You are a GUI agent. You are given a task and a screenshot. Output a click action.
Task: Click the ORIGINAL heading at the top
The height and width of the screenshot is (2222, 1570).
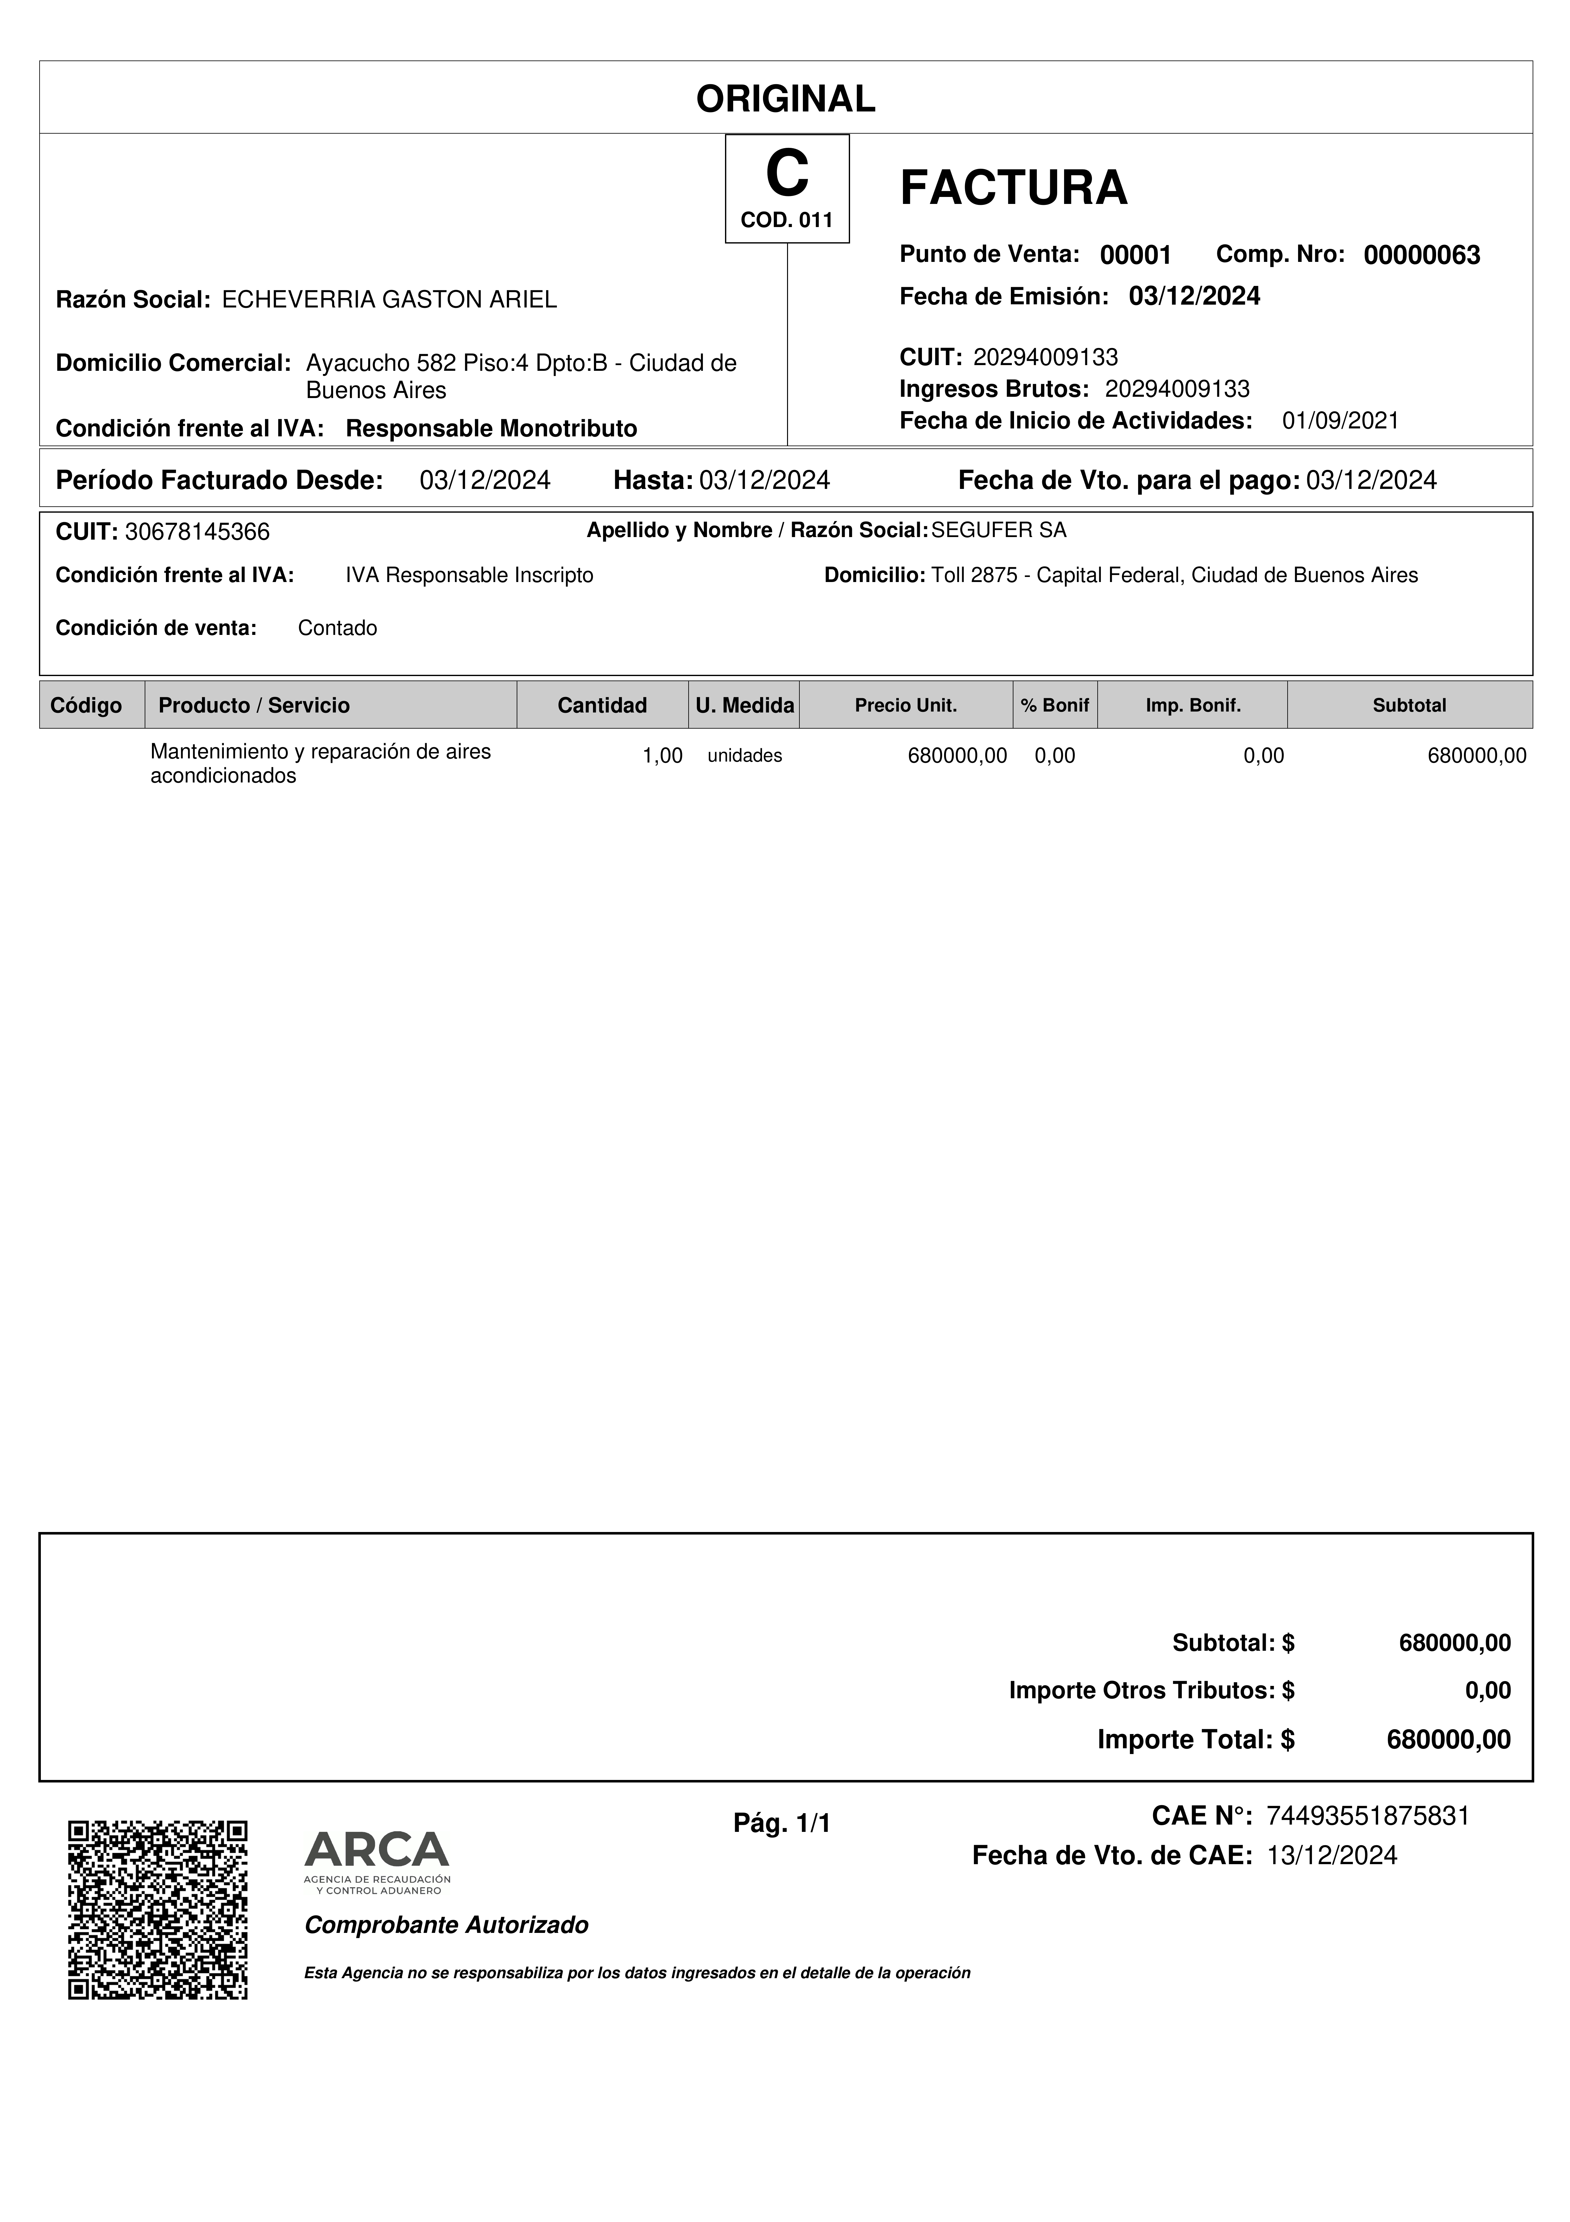click(x=785, y=99)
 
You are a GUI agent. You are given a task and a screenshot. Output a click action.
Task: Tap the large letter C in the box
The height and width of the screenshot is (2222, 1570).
click(x=786, y=174)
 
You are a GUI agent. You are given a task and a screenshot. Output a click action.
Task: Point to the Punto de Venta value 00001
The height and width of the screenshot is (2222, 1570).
click(x=1136, y=256)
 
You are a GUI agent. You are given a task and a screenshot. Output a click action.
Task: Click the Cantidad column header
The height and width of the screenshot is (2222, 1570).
click(x=602, y=706)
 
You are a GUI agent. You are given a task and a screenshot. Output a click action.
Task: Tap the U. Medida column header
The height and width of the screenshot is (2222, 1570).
click(x=744, y=706)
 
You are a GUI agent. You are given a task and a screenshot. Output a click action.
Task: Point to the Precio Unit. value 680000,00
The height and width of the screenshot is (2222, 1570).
click(x=957, y=756)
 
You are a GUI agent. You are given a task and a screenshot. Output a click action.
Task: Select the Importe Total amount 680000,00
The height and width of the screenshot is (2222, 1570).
click(x=1448, y=1739)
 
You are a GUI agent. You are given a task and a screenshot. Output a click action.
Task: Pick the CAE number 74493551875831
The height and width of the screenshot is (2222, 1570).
click(x=1367, y=1815)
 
